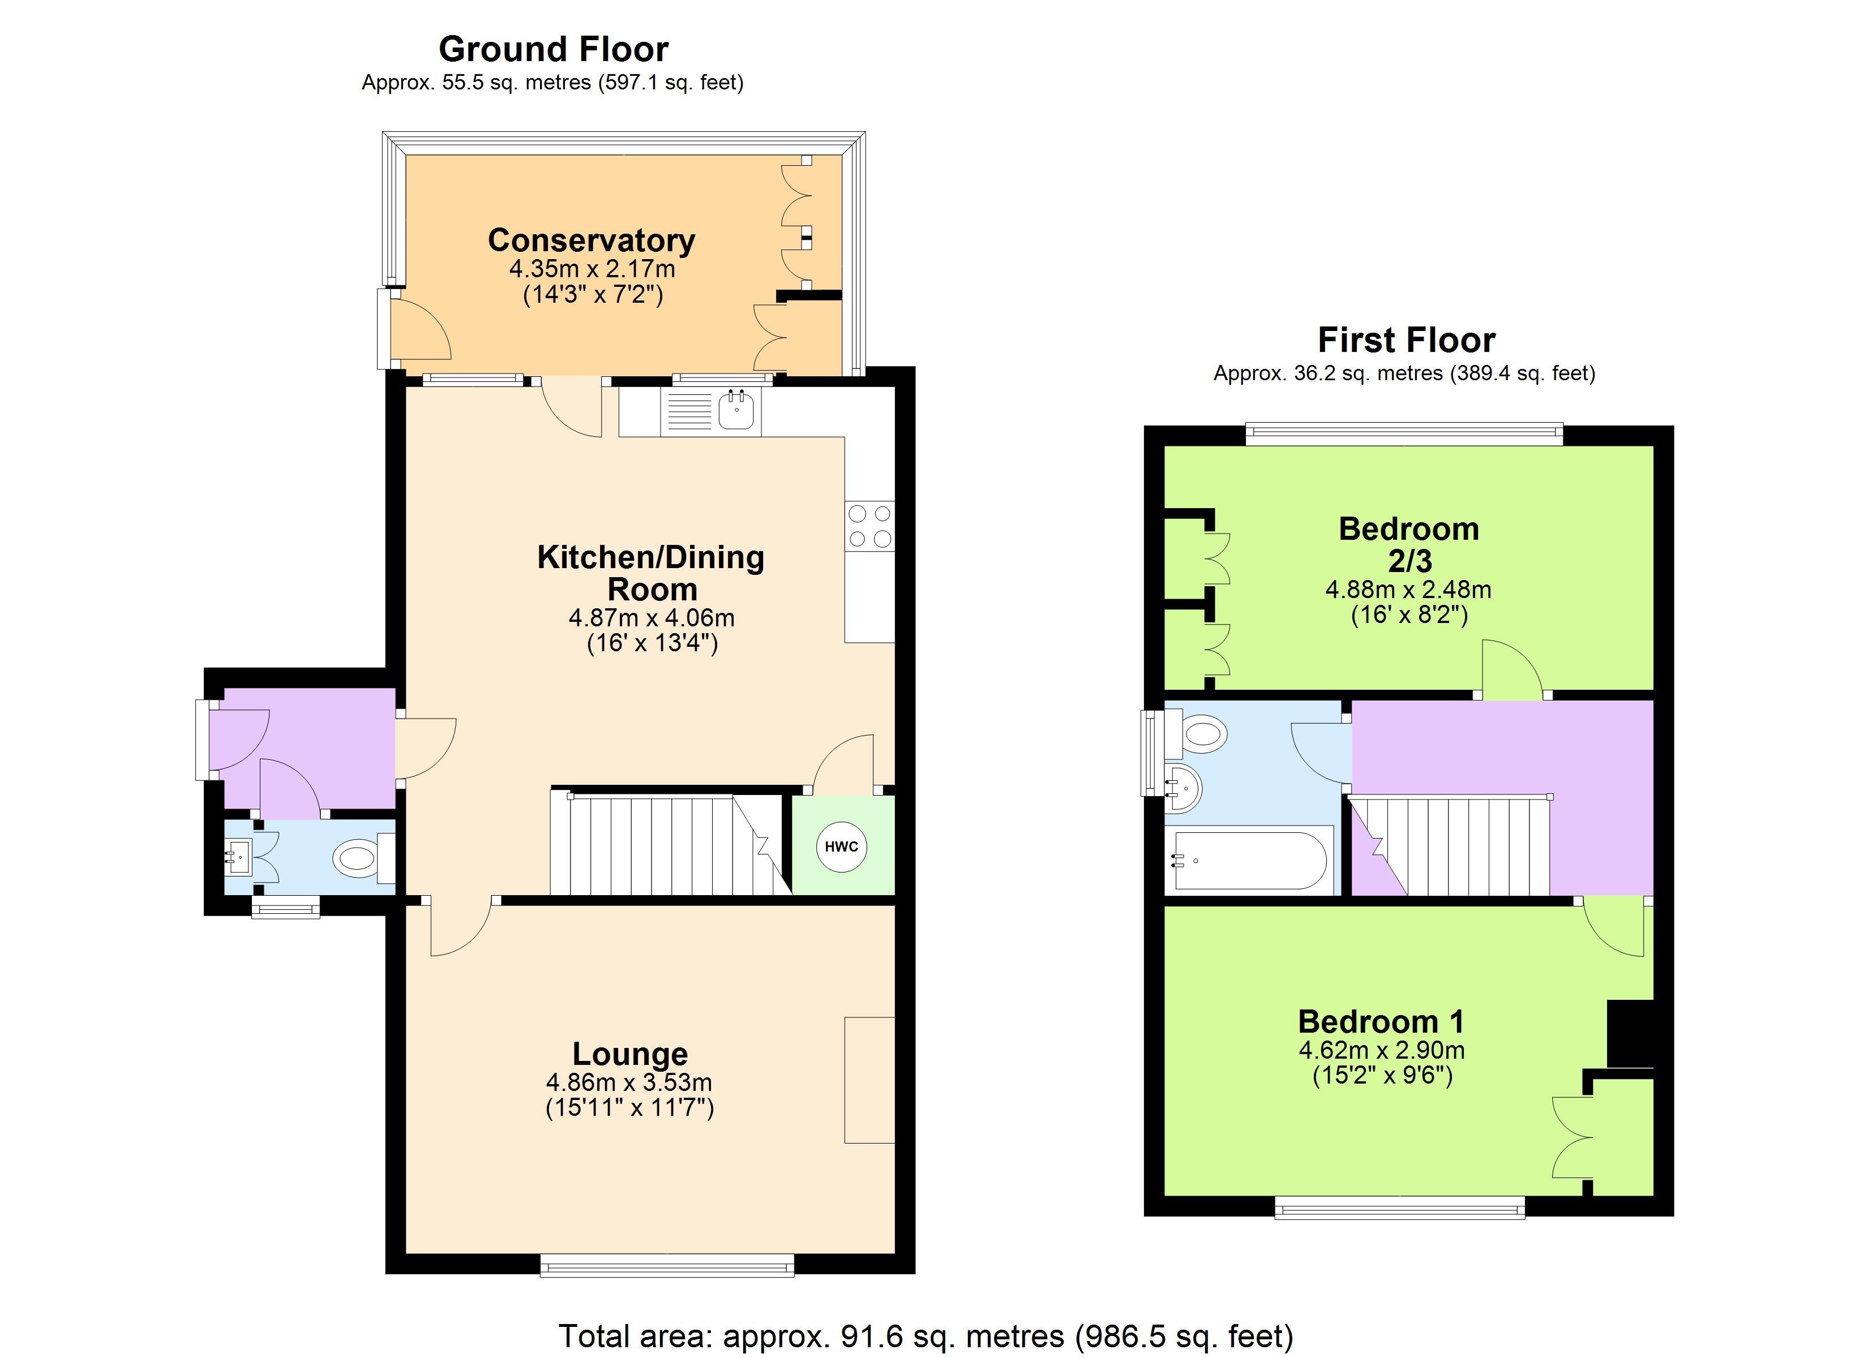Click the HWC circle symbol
point(841,846)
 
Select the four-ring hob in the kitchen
point(870,526)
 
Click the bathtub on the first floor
point(1249,861)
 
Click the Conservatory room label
point(592,240)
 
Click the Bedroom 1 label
point(1381,1021)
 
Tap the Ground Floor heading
point(554,49)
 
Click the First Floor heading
point(1406,339)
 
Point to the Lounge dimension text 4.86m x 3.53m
point(629,1082)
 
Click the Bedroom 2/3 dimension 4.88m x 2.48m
point(1408,590)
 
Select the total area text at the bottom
point(926,1336)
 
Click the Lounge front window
point(667,1265)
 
